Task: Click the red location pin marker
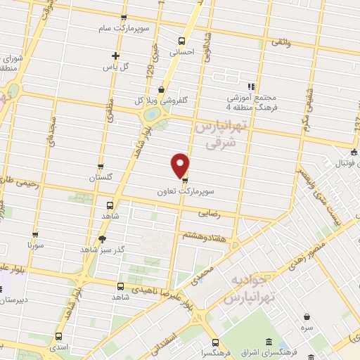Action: tap(181, 165)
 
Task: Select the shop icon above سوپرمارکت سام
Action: tap(124, 18)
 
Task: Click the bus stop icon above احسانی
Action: tap(183, 40)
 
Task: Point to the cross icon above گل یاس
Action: tap(116, 55)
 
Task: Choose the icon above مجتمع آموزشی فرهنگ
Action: tap(252, 86)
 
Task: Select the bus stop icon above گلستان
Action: tap(101, 167)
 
